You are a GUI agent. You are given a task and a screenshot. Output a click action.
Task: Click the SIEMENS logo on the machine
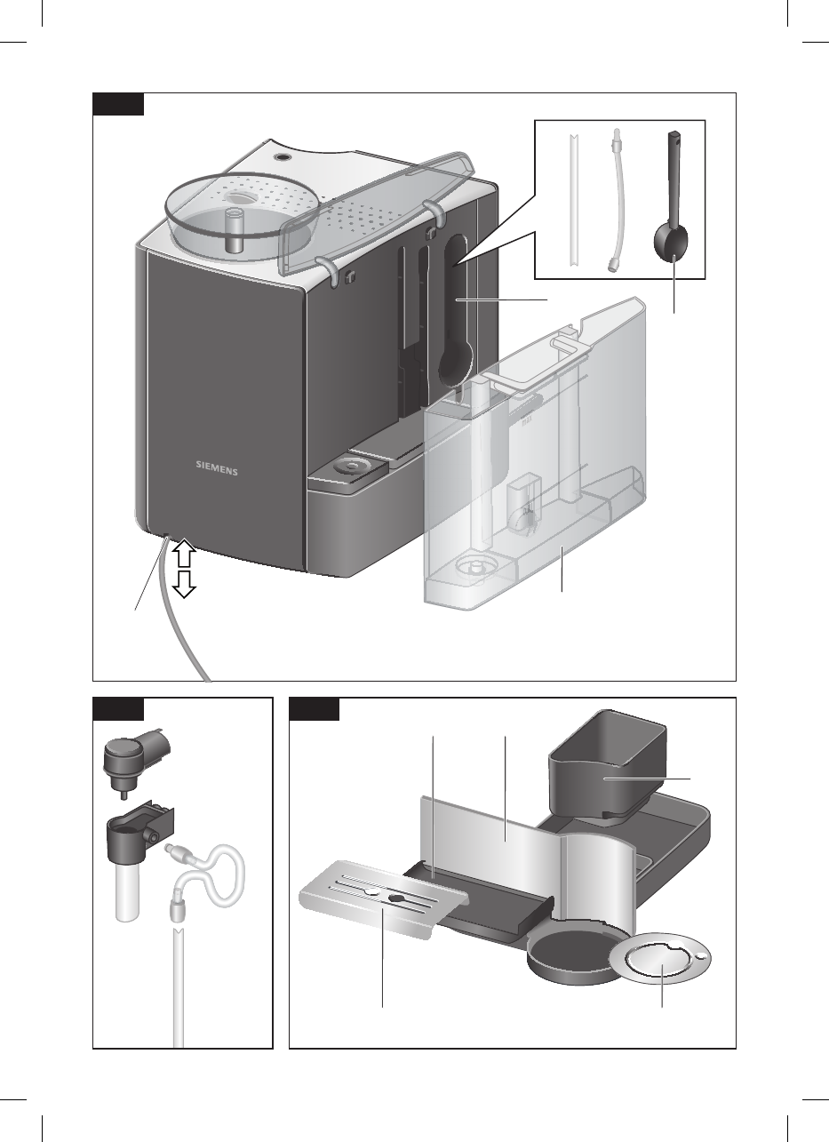tap(217, 468)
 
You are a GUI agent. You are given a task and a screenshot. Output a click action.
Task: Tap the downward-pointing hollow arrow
tap(184, 584)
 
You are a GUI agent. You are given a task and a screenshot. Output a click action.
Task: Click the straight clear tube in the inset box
tap(574, 199)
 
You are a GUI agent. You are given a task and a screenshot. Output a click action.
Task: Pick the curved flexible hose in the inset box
tap(618, 199)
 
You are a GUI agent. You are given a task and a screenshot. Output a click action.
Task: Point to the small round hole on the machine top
tap(281, 157)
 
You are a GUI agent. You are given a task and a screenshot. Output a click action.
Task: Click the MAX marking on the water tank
tap(527, 422)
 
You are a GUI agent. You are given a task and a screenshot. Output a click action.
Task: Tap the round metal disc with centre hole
tap(659, 961)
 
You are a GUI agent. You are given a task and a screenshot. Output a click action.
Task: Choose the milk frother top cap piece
tap(137, 761)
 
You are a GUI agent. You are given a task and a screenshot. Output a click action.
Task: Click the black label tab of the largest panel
tap(118, 104)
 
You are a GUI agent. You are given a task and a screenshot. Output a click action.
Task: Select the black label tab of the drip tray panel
tap(314, 708)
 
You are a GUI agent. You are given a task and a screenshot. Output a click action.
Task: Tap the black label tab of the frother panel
tap(118, 708)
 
